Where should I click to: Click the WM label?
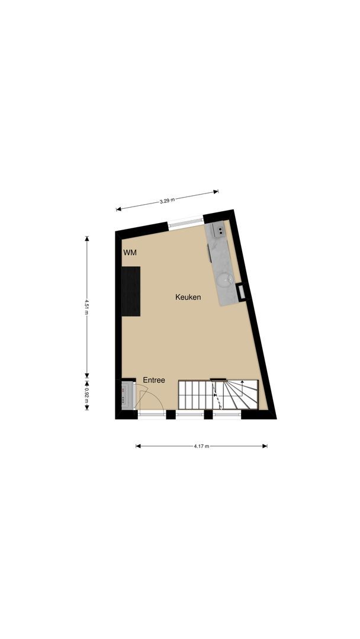[130, 253]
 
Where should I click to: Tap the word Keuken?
[188, 297]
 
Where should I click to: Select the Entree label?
[154, 380]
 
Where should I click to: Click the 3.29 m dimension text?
[168, 201]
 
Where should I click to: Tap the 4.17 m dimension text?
[201, 446]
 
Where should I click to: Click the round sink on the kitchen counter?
[224, 279]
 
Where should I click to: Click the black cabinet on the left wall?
[131, 291]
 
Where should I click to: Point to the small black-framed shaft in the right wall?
[242, 291]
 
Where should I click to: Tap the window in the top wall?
[186, 222]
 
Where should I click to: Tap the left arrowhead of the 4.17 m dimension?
[138, 446]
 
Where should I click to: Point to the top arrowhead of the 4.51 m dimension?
[87, 238]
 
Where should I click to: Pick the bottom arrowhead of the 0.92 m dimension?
[87, 409]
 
